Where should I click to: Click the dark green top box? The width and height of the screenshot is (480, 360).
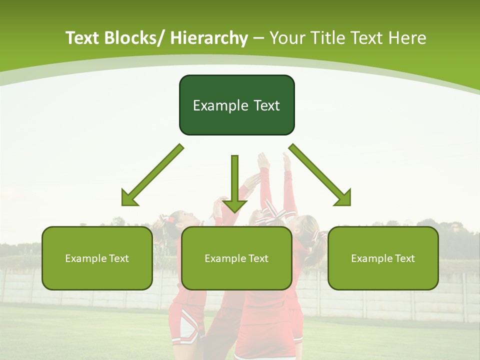pos(236,105)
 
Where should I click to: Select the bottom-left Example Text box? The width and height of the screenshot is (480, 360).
pos(97,258)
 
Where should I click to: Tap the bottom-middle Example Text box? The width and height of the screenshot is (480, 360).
pos(236,258)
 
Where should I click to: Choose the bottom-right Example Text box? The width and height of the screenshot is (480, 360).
pos(383,258)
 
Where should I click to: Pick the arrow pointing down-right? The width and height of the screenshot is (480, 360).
pos(320,175)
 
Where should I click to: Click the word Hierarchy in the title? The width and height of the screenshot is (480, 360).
pos(209,38)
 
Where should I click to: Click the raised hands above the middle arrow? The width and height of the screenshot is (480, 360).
pos(273,161)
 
